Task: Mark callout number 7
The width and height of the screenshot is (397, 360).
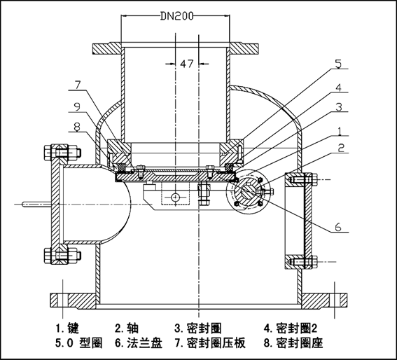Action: (x=79, y=85)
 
